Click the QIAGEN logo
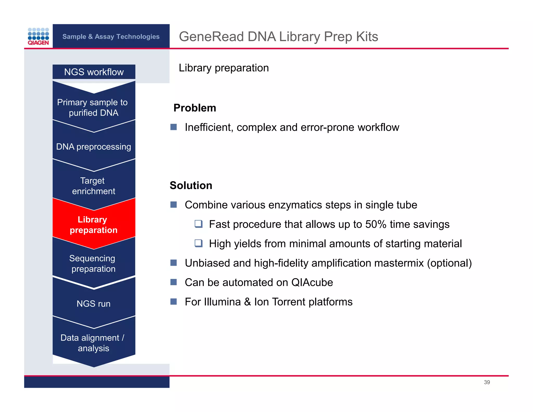click(x=38, y=36)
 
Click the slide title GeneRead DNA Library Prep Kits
click(x=278, y=36)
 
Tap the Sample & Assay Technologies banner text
click(x=111, y=36)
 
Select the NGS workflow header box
click(x=94, y=72)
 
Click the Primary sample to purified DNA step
click(x=93, y=108)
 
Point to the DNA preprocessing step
click(x=93, y=147)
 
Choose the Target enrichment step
click(x=93, y=186)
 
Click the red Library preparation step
click(x=93, y=225)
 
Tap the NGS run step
click(x=93, y=304)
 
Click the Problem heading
click(x=195, y=108)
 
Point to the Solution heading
click(x=191, y=185)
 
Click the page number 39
click(x=487, y=382)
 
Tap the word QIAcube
click(x=312, y=283)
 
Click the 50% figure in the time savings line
click(x=376, y=224)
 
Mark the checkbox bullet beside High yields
click(x=199, y=243)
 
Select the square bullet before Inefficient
click(x=174, y=127)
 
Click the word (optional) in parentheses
click(x=449, y=263)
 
